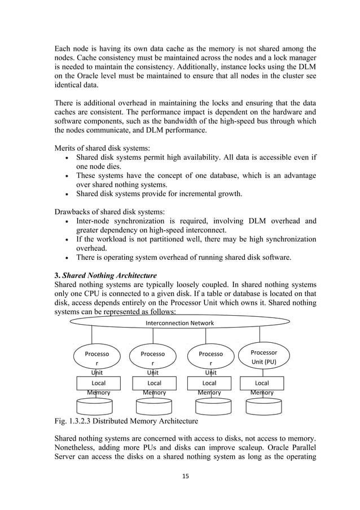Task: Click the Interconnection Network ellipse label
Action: [180, 323]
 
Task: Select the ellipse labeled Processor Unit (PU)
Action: [264, 356]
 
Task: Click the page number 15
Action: [180, 476]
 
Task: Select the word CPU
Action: [94, 296]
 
